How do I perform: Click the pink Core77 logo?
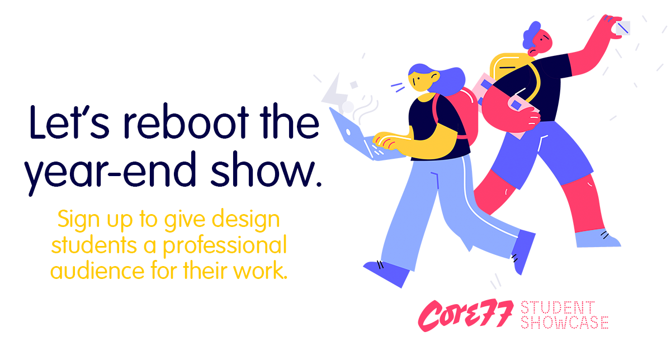[466, 315]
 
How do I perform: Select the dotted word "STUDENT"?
[557, 307]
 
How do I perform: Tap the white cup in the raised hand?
[621, 27]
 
